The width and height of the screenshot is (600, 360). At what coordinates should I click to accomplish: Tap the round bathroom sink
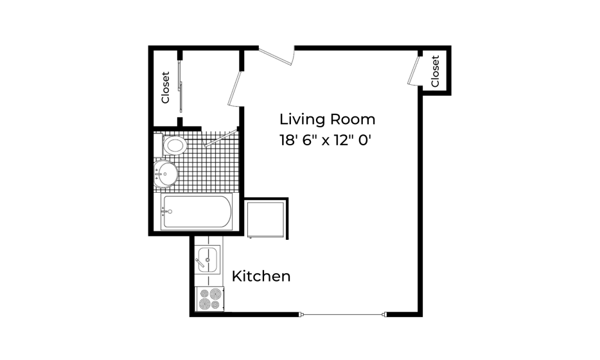pyautogui.click(x=166, y=174)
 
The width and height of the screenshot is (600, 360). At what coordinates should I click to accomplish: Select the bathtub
pyautogui.click(x=197, y=212)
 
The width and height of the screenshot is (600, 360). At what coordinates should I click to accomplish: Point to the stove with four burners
pyautogui.click(x=209, y=299)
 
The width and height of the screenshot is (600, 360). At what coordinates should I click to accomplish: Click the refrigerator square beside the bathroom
pyautogui.click(x=265, y=219)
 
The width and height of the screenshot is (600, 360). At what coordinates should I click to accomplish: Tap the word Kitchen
pyautogui.click(x=261, y=276)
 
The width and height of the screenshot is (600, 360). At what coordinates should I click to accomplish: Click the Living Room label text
pyautogui.click(x=327, y=119)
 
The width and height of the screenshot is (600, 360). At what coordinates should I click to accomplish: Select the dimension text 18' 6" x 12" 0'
pyautogui.click(x=326, y=140)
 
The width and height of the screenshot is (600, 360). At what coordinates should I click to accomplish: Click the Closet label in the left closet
pyautogui.click(x=165, y=87)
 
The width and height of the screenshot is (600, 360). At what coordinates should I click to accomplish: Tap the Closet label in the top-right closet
pyautogui.click(x=435, y=71)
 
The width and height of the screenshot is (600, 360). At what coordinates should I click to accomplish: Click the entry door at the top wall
pyautogui.click(x=276, y=56)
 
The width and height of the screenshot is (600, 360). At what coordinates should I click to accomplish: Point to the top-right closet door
pyautogui.click(x=413, y=71)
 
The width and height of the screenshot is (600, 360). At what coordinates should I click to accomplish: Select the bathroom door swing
pyautogui.click(x=220, y=138)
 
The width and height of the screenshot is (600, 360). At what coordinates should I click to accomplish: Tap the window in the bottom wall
pyautogui.click(x=342, y=315)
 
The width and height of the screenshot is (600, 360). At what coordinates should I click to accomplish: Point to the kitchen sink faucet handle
pyautogui.click(x=200, y=263)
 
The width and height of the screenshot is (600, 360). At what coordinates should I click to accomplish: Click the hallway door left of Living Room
pyautogui.click(x=234, y=88)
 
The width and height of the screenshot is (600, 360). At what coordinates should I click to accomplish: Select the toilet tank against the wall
pyautogui.click(x=158, y=145)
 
